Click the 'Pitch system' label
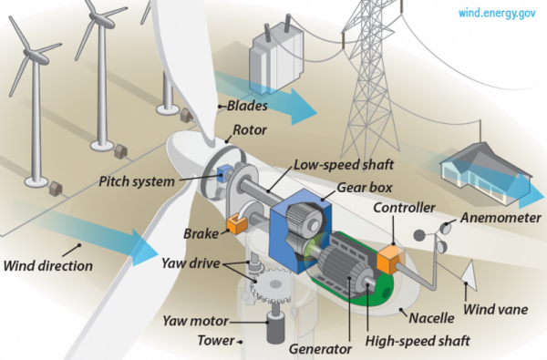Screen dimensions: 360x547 click(136, 180)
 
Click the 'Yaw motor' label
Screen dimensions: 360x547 click(200, 320)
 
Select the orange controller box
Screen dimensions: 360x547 click(391, 258)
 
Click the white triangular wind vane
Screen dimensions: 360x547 click(473, 271)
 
